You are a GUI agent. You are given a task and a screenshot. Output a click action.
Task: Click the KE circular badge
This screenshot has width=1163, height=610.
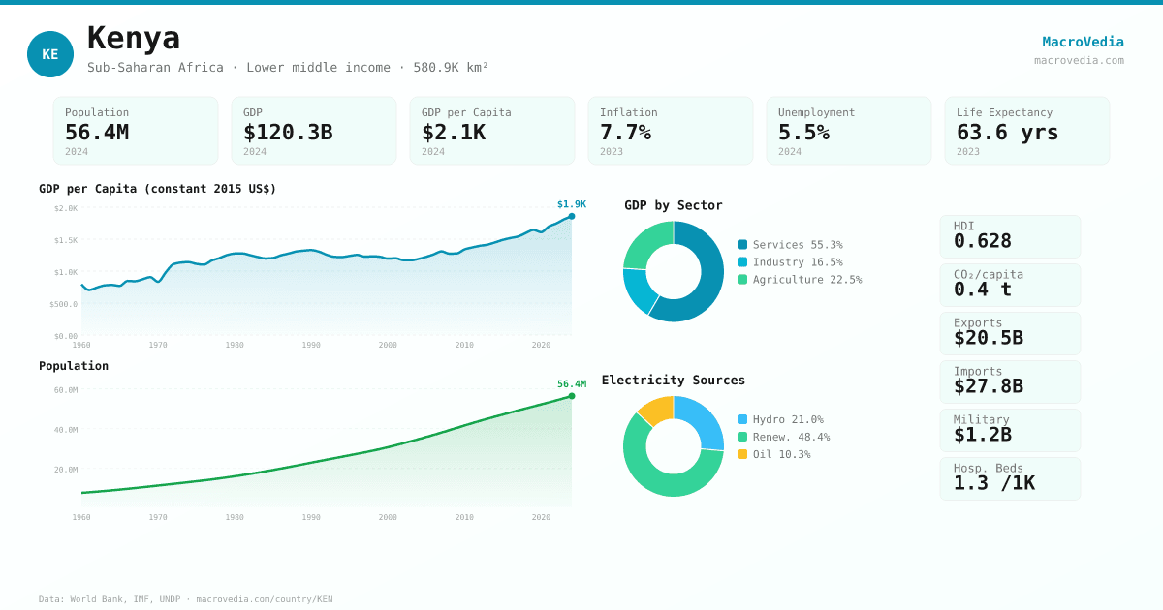(50, 54)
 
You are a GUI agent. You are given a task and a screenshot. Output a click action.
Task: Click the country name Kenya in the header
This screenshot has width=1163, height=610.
(134, 39)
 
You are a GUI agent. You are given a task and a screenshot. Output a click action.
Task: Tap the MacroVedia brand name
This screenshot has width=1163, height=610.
(1083, 42)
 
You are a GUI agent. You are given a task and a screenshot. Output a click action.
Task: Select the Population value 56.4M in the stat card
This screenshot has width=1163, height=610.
(97, 133)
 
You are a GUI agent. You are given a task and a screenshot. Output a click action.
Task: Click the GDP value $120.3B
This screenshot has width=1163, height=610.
(288, 133)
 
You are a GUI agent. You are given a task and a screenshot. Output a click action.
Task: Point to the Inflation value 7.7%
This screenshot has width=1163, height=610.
(625, 133)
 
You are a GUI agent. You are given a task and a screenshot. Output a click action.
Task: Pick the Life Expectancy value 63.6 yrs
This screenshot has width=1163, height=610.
(1007, 133)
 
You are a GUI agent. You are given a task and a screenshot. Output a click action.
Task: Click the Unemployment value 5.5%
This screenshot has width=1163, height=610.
(803, 133)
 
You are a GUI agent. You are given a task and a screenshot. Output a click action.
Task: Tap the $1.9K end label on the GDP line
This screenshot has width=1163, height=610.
(572, 204)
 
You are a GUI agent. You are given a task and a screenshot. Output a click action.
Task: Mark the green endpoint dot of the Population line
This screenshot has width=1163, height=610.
(572, 396)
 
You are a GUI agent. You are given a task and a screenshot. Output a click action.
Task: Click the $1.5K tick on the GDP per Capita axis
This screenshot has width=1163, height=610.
(66, 240)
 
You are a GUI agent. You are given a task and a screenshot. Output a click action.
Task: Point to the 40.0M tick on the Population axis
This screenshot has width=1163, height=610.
(66, 430)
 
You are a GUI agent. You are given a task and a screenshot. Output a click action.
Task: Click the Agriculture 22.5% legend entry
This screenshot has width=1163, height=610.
(800, 280)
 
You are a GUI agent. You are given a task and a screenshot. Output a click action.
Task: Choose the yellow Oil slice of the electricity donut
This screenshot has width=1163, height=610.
(656, 410)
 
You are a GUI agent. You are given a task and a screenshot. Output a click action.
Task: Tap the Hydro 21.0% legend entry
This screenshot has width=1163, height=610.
(780, 419)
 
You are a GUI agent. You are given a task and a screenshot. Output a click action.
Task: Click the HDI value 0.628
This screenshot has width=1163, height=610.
(983, 241)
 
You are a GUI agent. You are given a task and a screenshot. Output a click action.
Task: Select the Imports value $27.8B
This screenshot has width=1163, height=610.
(989, 386)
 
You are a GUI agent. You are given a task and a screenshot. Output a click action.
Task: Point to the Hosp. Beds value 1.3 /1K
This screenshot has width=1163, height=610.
(994, 483)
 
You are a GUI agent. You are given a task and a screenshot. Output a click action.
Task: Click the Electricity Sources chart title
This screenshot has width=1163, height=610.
(674, 381)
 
